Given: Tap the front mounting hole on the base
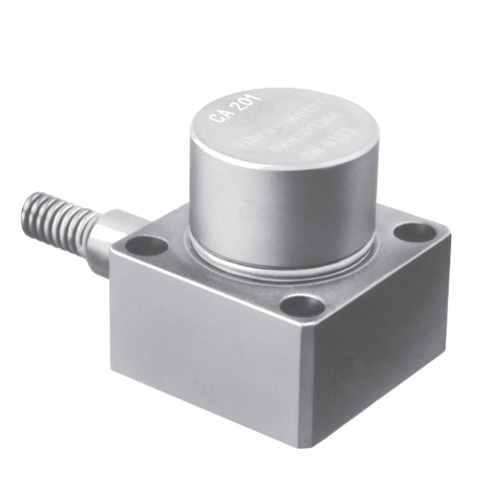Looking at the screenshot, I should (302, 305).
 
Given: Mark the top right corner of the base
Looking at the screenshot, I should (446, 234).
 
